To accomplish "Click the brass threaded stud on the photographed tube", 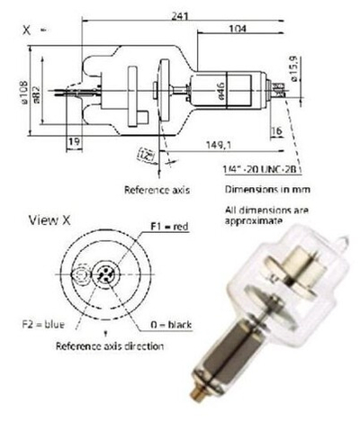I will pyautogui.click(x=193, y=417).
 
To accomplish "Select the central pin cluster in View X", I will pyautogui.click(x=105, y=274).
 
